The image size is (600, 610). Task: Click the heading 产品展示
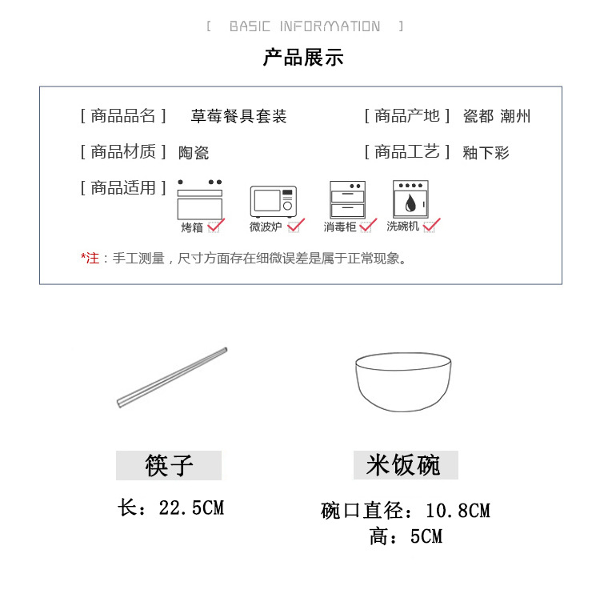click(x=303, y=58)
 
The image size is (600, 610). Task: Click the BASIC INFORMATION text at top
click(x=305, y=26)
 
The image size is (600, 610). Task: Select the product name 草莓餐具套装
click(x=238, y=117)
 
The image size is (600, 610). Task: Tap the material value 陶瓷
click(x=194, y=153)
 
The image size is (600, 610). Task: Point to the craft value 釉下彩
click(x=486, y=153)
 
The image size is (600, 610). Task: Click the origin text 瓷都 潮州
click(x=497, y=117)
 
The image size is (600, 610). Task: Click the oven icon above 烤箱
click(x=199, y=200)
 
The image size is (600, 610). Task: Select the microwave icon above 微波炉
click(x=273, y=202)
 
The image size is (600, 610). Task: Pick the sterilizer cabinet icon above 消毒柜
click(x=347, y=200)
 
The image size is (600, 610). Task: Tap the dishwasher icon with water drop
click(x=410, y=199)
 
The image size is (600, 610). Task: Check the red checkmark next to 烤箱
click(x=216, y=226)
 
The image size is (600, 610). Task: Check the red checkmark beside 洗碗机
click(x=432, y=225)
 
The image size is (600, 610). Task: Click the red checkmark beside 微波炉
click(x=296, y=226)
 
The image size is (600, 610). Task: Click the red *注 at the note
click(x=90, y=259)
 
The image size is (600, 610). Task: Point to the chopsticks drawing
click(x=172, y=376)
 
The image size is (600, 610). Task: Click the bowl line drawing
click(x=403, y=381)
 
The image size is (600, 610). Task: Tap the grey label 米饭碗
click(x=405, y=465)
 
